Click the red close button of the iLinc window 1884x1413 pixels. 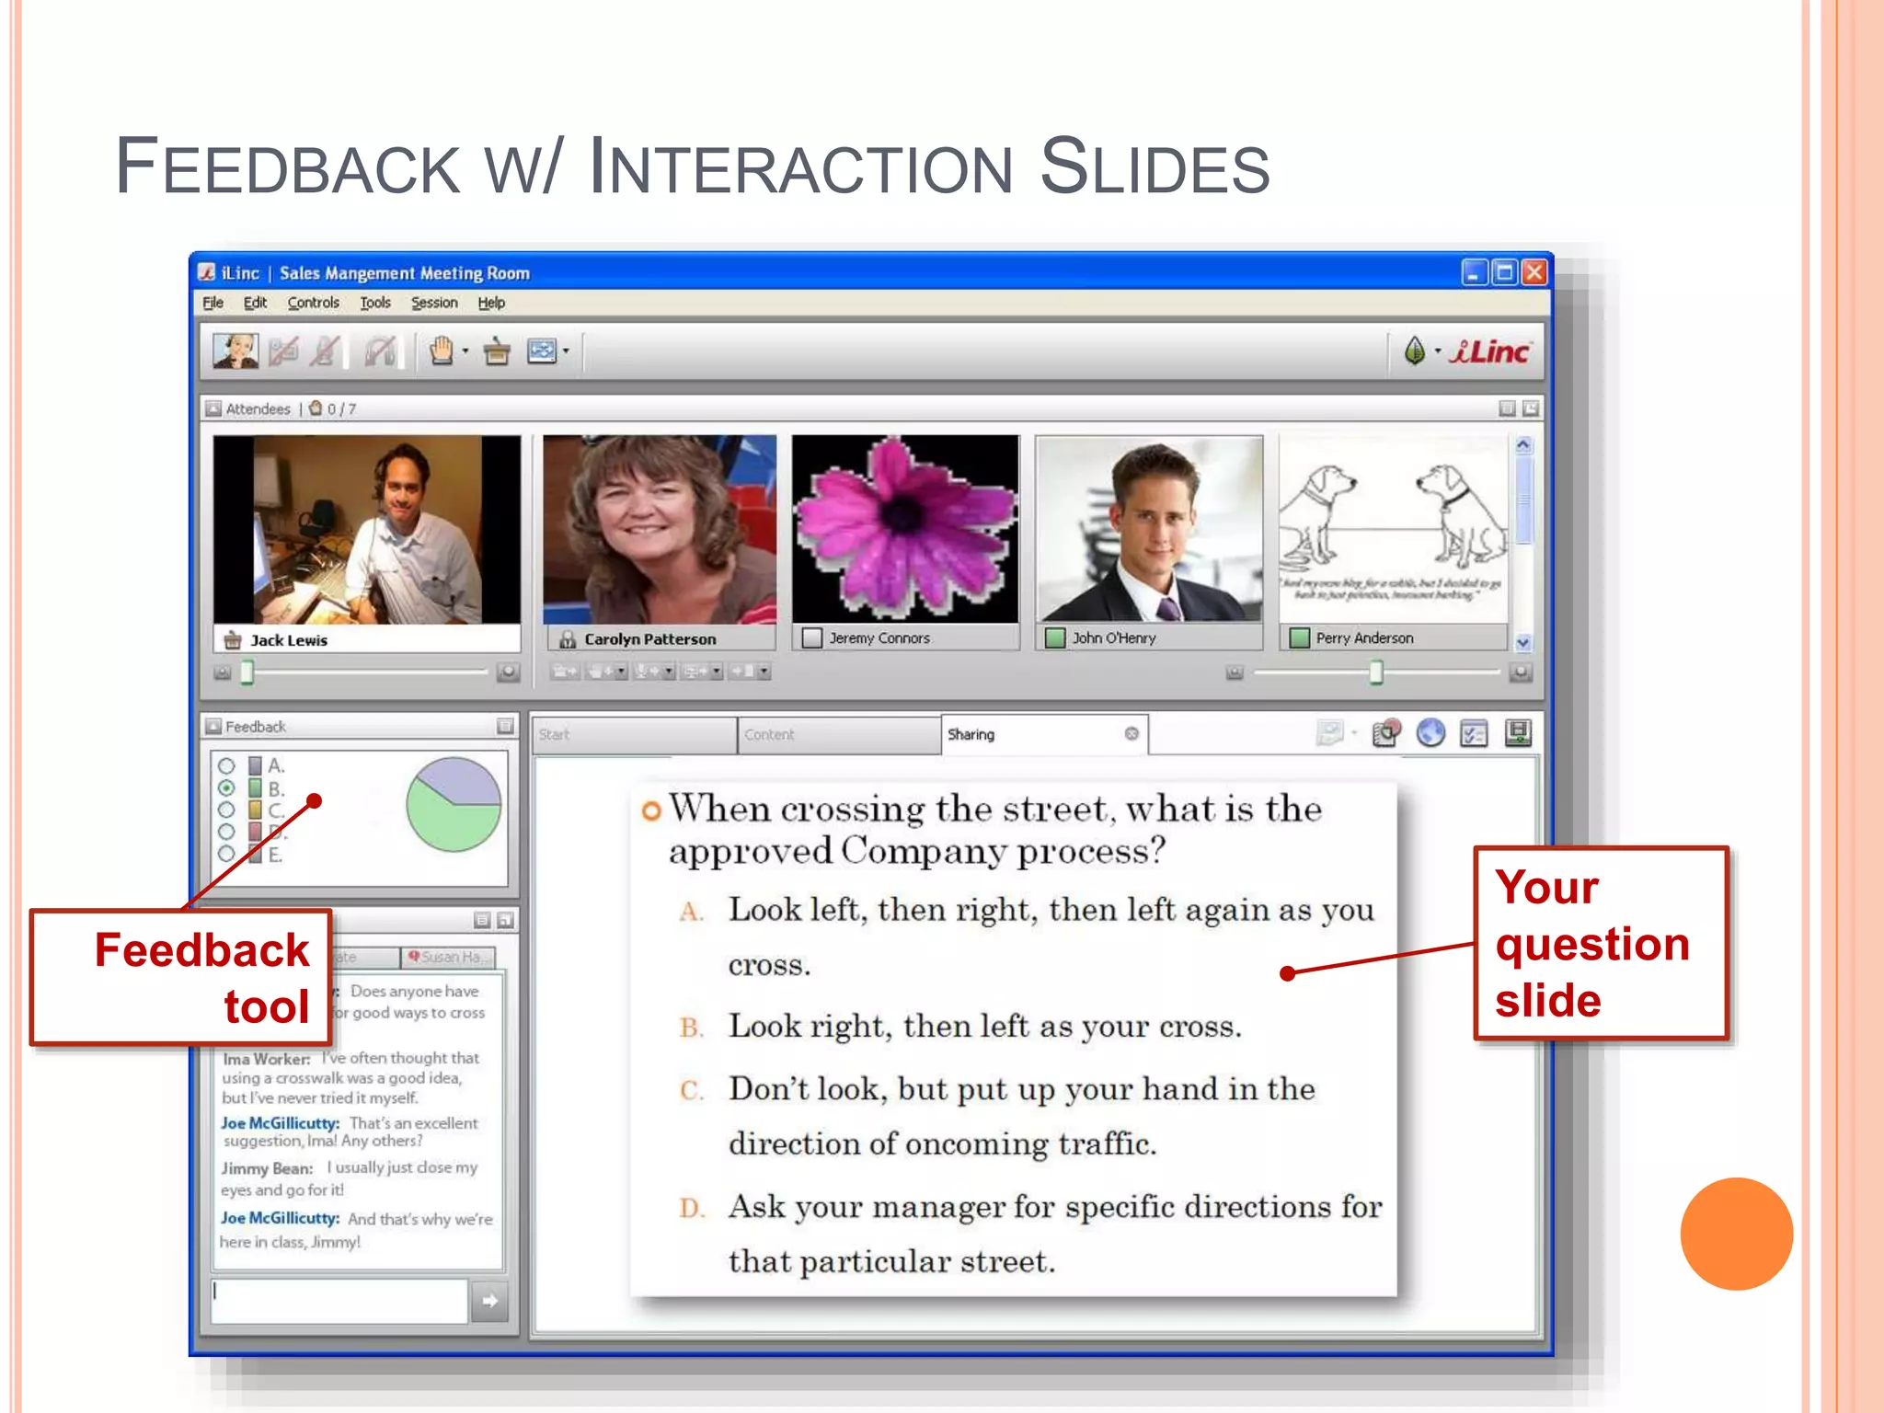click(1534, 272)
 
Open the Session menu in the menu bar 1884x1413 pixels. click(433, 303)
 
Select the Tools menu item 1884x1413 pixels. click(374, 303)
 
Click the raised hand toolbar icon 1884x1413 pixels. click(442, 351)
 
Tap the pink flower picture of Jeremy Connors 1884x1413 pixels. click(905, 529)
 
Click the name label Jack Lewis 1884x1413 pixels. click(289, 640)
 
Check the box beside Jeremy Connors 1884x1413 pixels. click(811, 638)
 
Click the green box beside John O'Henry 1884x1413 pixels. click(1055, 638)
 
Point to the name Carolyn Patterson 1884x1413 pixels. click(649, 639)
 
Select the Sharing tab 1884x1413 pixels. click(971, 734)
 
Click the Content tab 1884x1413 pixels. click(769, 734)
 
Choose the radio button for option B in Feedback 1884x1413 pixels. click(226, 788)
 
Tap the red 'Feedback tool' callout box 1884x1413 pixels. click(181, 977)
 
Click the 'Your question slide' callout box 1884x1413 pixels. click(1601, 943)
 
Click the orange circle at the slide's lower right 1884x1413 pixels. click(1736, 1234)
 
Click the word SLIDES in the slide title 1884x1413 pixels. click(1155, 167)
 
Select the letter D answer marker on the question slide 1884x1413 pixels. click(691, 1207)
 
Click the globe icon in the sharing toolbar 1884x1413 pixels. click(1430, 733)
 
